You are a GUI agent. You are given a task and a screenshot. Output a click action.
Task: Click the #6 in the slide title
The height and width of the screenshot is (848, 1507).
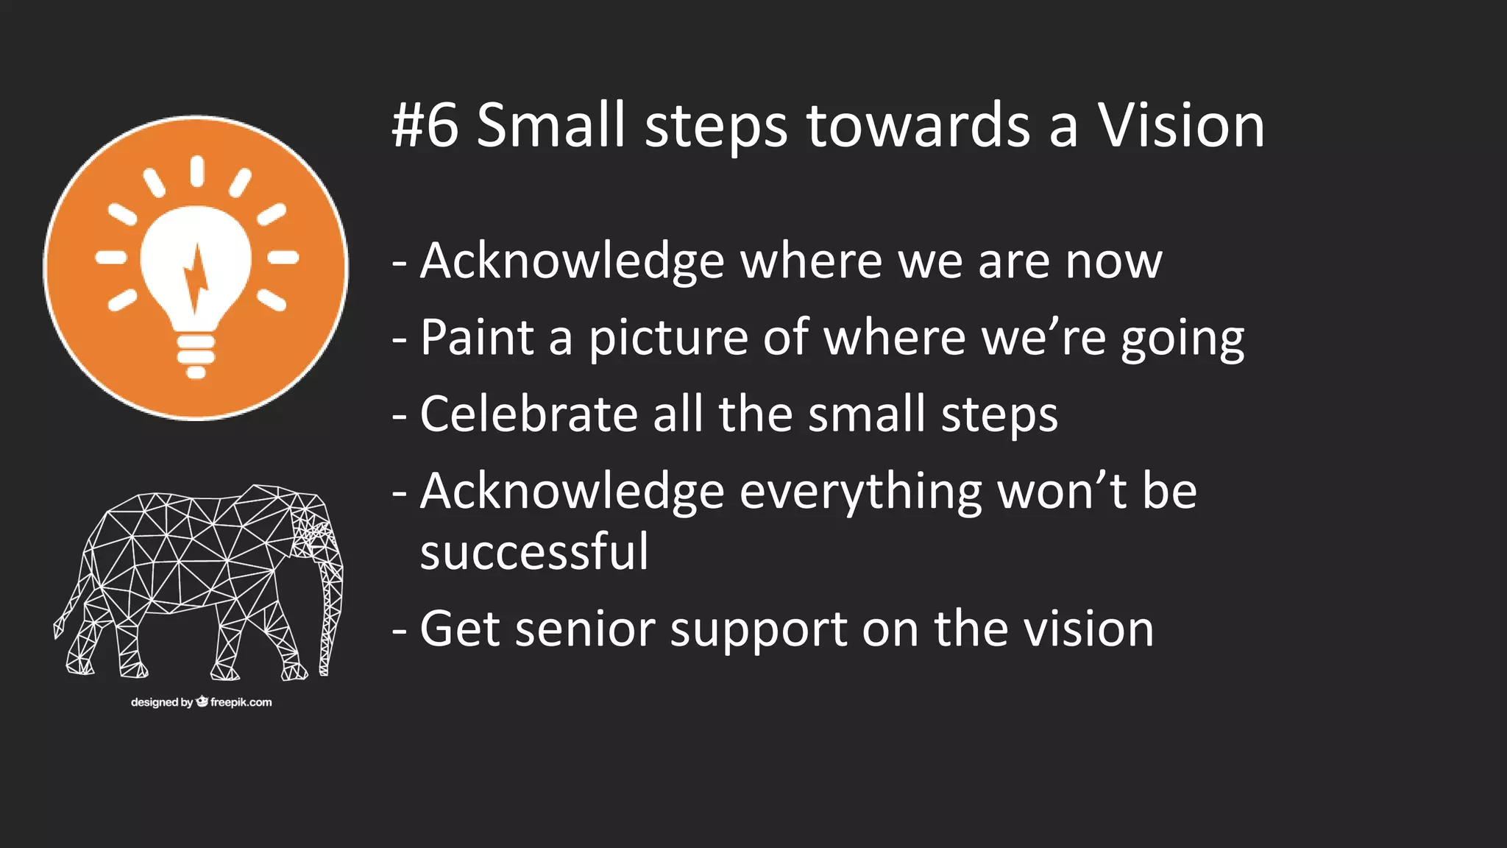click(x=425, y=126)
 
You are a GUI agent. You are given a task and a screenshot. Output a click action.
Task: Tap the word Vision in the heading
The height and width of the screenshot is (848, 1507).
click(x=1181, y=126)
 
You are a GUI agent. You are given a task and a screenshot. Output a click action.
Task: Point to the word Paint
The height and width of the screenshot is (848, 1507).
click(x=477, y=338)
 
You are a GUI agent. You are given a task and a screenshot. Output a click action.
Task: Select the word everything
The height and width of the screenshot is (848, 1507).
click(x=860, y=492)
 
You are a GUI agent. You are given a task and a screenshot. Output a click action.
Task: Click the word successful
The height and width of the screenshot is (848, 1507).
click(x=534, y=552)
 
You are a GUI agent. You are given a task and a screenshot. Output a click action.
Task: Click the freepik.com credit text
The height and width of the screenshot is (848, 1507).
click(x=241, y=702)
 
